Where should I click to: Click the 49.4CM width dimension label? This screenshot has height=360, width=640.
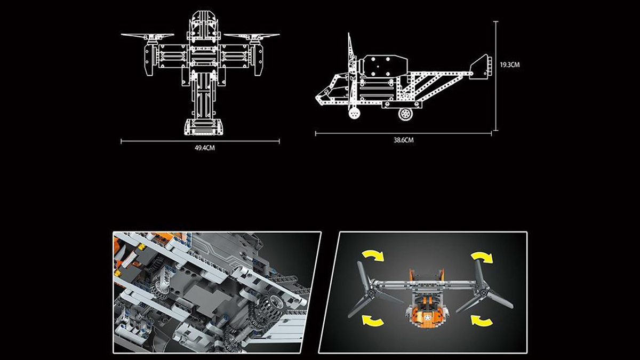[205, 148]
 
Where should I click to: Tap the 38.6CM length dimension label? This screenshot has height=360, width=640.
[403, 140]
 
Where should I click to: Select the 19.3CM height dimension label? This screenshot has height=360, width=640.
[510, 65]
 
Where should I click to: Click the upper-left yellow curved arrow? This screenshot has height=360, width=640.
[373, 255]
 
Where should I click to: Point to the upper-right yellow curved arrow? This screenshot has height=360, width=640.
[482, 257]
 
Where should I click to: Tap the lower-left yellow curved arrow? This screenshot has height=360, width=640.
[373, 320]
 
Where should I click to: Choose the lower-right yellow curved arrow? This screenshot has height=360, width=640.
[482, 320]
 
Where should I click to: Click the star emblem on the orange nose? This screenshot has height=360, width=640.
[427, 317]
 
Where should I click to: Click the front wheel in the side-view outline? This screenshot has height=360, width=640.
[354, 114]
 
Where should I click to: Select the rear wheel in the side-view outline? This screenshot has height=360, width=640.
[405, 114]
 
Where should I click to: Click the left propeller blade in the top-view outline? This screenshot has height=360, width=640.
[147, 35]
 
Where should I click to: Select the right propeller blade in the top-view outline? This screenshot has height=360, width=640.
[252, 35]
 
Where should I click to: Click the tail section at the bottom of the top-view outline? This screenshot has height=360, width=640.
[203, 126]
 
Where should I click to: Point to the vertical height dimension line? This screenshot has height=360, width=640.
[496, 76]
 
